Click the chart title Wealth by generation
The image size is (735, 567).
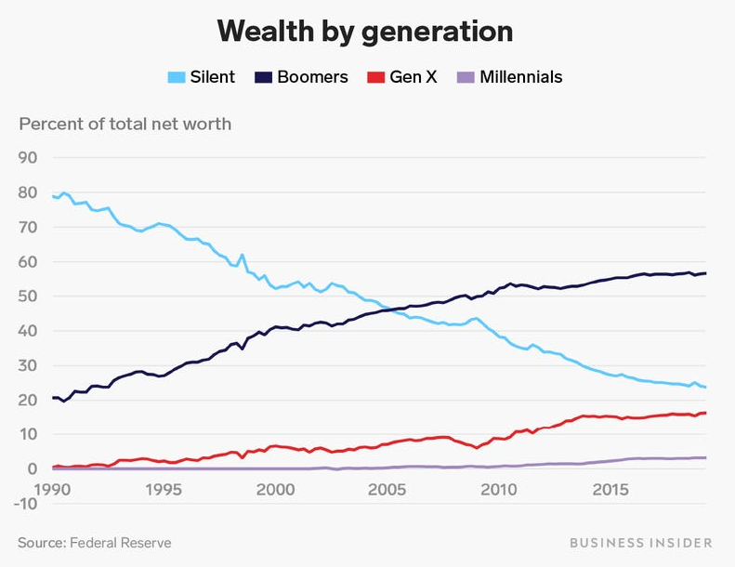point(365,31)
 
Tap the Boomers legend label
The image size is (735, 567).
point(312,77)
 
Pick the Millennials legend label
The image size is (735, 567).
point(520,77)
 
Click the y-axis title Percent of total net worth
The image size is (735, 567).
point(125,124)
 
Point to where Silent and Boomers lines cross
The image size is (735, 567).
point(397,309)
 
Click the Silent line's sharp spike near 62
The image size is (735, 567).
point(243,255)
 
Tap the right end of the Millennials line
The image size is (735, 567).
point(706,457)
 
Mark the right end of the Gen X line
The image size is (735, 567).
point(706,413)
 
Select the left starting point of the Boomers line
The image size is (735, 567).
point(53,397)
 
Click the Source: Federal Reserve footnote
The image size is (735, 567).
point(94,542)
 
